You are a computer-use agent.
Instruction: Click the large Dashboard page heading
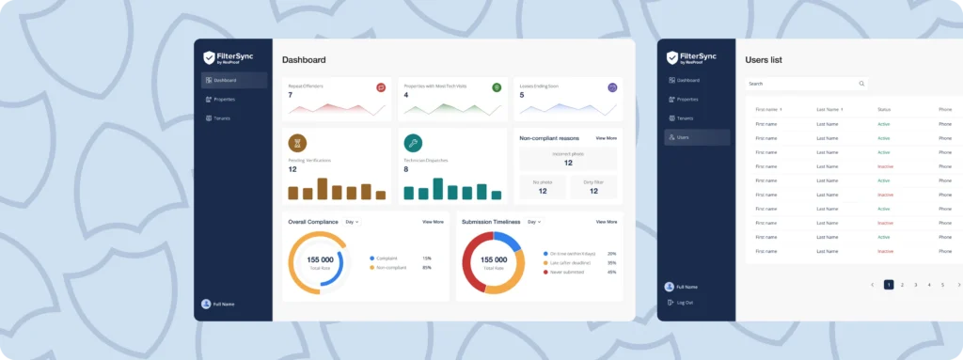coord(304,60)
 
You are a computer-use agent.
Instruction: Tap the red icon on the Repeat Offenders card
coord(381,87)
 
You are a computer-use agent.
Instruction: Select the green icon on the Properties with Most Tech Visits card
coord(497,87)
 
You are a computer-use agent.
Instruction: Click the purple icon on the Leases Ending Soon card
coord(612,87)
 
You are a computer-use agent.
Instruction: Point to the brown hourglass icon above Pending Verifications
coord(297,143)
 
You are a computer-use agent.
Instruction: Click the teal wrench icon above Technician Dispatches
coord(413,143)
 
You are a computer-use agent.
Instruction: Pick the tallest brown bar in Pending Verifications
coord(322,188)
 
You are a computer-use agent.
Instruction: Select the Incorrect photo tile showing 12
coord(568,158)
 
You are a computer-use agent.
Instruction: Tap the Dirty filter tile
coord(593,187)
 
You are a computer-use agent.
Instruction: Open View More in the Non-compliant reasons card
coord(606,138)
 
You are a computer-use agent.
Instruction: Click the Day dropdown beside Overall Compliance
coord(352,222)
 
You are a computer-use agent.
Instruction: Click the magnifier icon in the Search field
coord(861,84)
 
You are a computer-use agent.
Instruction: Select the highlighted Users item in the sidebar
coord(697,137)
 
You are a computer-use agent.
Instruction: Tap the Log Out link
coord(685,302)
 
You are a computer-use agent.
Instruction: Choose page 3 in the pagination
coord(915,284)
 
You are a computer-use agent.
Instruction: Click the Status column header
coord(883,110)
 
